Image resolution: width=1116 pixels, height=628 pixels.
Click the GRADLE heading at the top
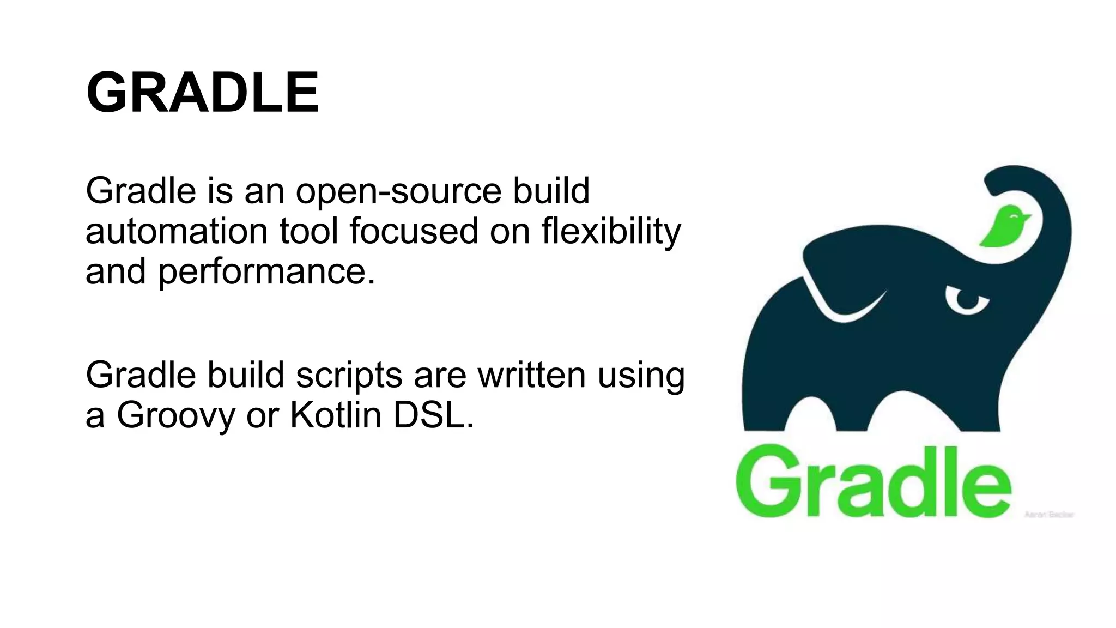202,93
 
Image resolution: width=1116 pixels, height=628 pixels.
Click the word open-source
398,192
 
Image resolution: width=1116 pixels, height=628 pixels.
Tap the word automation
177,231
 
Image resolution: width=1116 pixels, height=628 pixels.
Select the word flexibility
611,231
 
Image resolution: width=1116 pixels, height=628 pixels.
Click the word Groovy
175,416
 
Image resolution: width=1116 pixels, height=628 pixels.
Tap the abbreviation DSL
433,415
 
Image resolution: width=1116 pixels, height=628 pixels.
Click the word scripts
349,376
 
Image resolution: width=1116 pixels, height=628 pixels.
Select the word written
531,375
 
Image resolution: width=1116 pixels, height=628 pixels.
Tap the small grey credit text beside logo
1048,515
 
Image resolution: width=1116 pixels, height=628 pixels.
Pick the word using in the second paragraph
641,376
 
